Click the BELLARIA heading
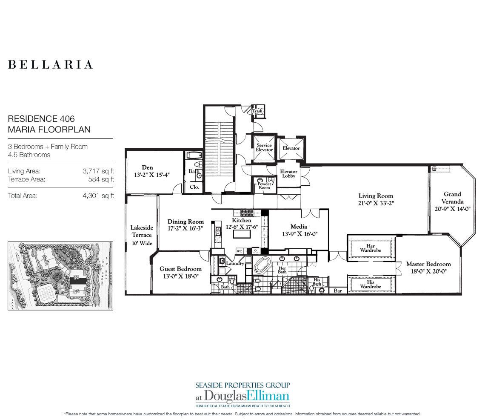tap(50, 65)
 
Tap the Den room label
tap(147, 168)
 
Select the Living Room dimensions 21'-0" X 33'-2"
tap(376, 203)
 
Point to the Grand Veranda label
tap(451, 198)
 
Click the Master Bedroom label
tap(428, 264)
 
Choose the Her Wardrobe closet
tap(371, 248)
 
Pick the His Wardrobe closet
tap(371, 284)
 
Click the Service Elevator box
tap(264, 147)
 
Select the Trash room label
tap(257, 111)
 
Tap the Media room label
tap(299, 227)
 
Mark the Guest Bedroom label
tap(180, 269)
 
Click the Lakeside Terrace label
tap(141, 231)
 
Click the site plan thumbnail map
tap(60, 276)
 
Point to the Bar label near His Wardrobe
tap(338, 291)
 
